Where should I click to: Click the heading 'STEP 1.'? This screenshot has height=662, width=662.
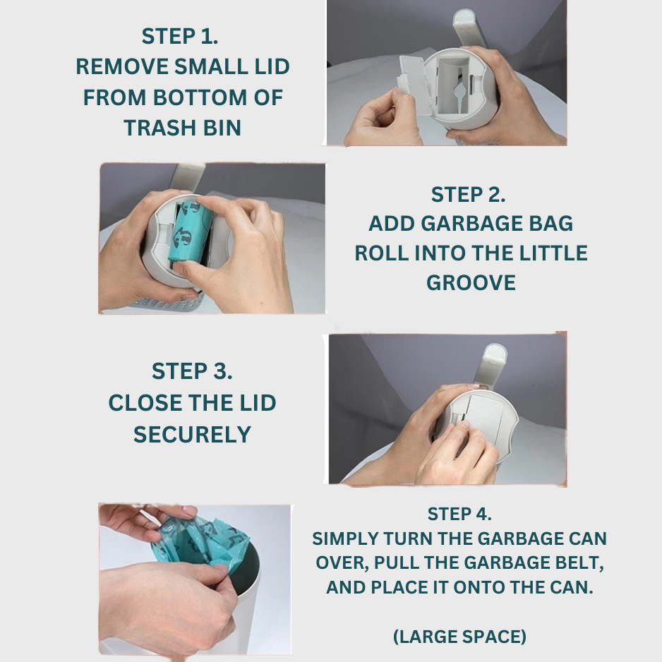180,36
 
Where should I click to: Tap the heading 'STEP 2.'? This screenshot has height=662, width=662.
468,195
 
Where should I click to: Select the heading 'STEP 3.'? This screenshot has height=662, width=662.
192,371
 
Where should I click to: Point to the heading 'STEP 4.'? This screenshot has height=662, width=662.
459,514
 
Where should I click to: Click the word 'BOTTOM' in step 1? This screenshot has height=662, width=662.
200,97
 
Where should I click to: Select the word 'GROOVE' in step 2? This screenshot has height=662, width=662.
471,282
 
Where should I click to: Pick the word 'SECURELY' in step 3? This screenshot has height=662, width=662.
192,435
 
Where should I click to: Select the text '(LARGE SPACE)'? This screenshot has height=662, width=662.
459,637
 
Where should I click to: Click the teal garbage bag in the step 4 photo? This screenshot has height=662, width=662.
201,543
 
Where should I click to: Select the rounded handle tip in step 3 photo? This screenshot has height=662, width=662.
495,351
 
